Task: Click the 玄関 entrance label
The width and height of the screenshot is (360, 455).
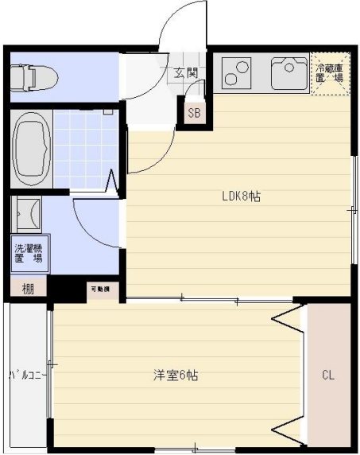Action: tap(186, 73)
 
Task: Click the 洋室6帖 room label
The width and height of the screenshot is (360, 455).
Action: tap(176, 374)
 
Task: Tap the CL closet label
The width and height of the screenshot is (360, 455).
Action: tap(327, 375)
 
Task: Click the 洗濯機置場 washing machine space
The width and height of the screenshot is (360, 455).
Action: tap(28, 255)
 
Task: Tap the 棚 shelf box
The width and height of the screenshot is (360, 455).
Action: tap(27, 286)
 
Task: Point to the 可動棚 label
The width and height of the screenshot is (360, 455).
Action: tap(99, 288)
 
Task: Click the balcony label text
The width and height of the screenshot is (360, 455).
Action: tap(25, 374)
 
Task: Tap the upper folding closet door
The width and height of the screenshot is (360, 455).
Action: tap(290, 325)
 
